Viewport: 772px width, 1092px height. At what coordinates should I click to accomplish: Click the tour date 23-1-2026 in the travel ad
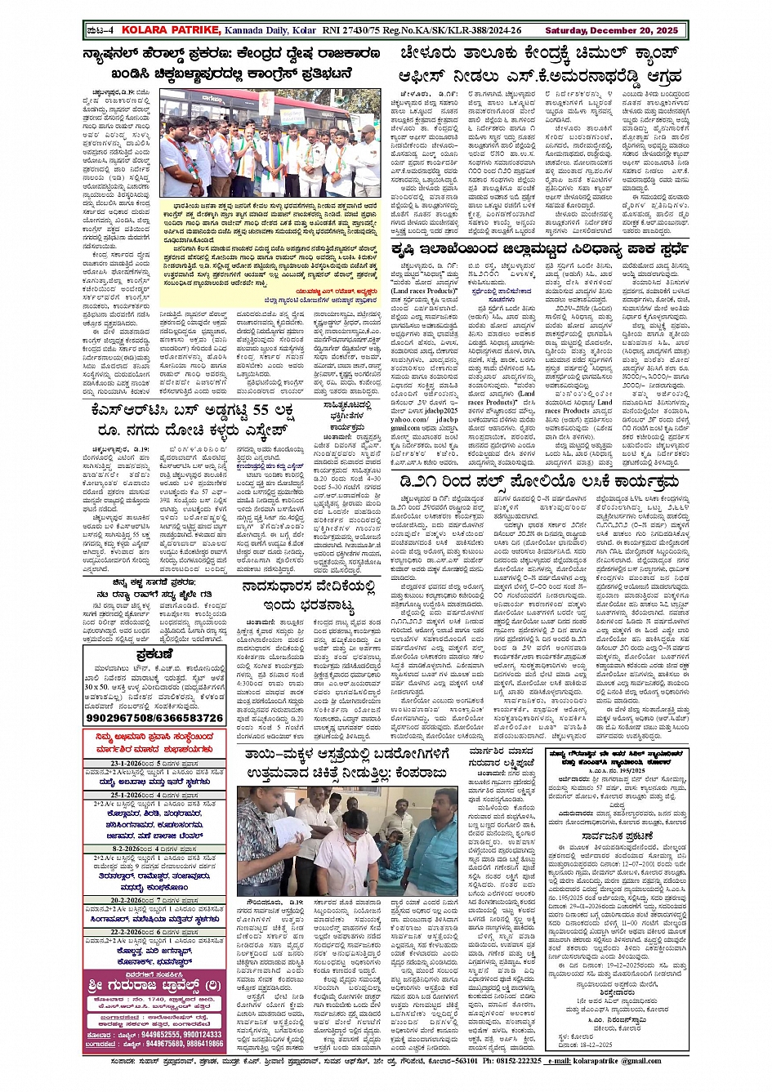pos(117,764)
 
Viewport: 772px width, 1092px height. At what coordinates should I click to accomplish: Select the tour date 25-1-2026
pos(117,795)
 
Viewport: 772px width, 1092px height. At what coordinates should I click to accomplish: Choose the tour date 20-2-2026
pos(117,900)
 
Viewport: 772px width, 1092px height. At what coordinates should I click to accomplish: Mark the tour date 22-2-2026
pos(117,932)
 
